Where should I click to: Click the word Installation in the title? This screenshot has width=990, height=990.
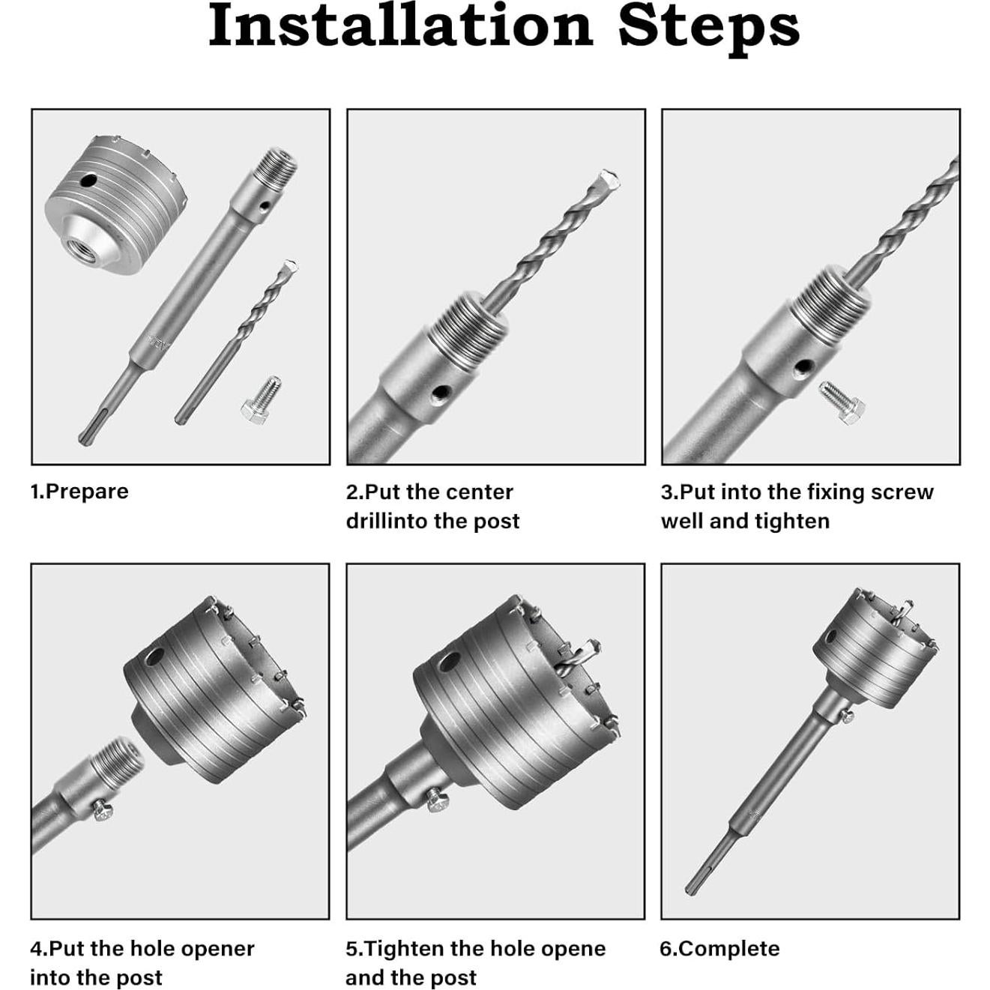point(400,25)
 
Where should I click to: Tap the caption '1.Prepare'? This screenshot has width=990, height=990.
point(79,492)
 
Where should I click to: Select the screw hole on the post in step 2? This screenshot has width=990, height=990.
point(440,393)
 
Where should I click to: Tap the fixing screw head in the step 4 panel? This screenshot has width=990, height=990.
point(103,810)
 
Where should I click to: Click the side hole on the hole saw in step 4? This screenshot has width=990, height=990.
point(154,657)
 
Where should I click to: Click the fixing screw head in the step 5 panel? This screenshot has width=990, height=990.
point(438,800)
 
